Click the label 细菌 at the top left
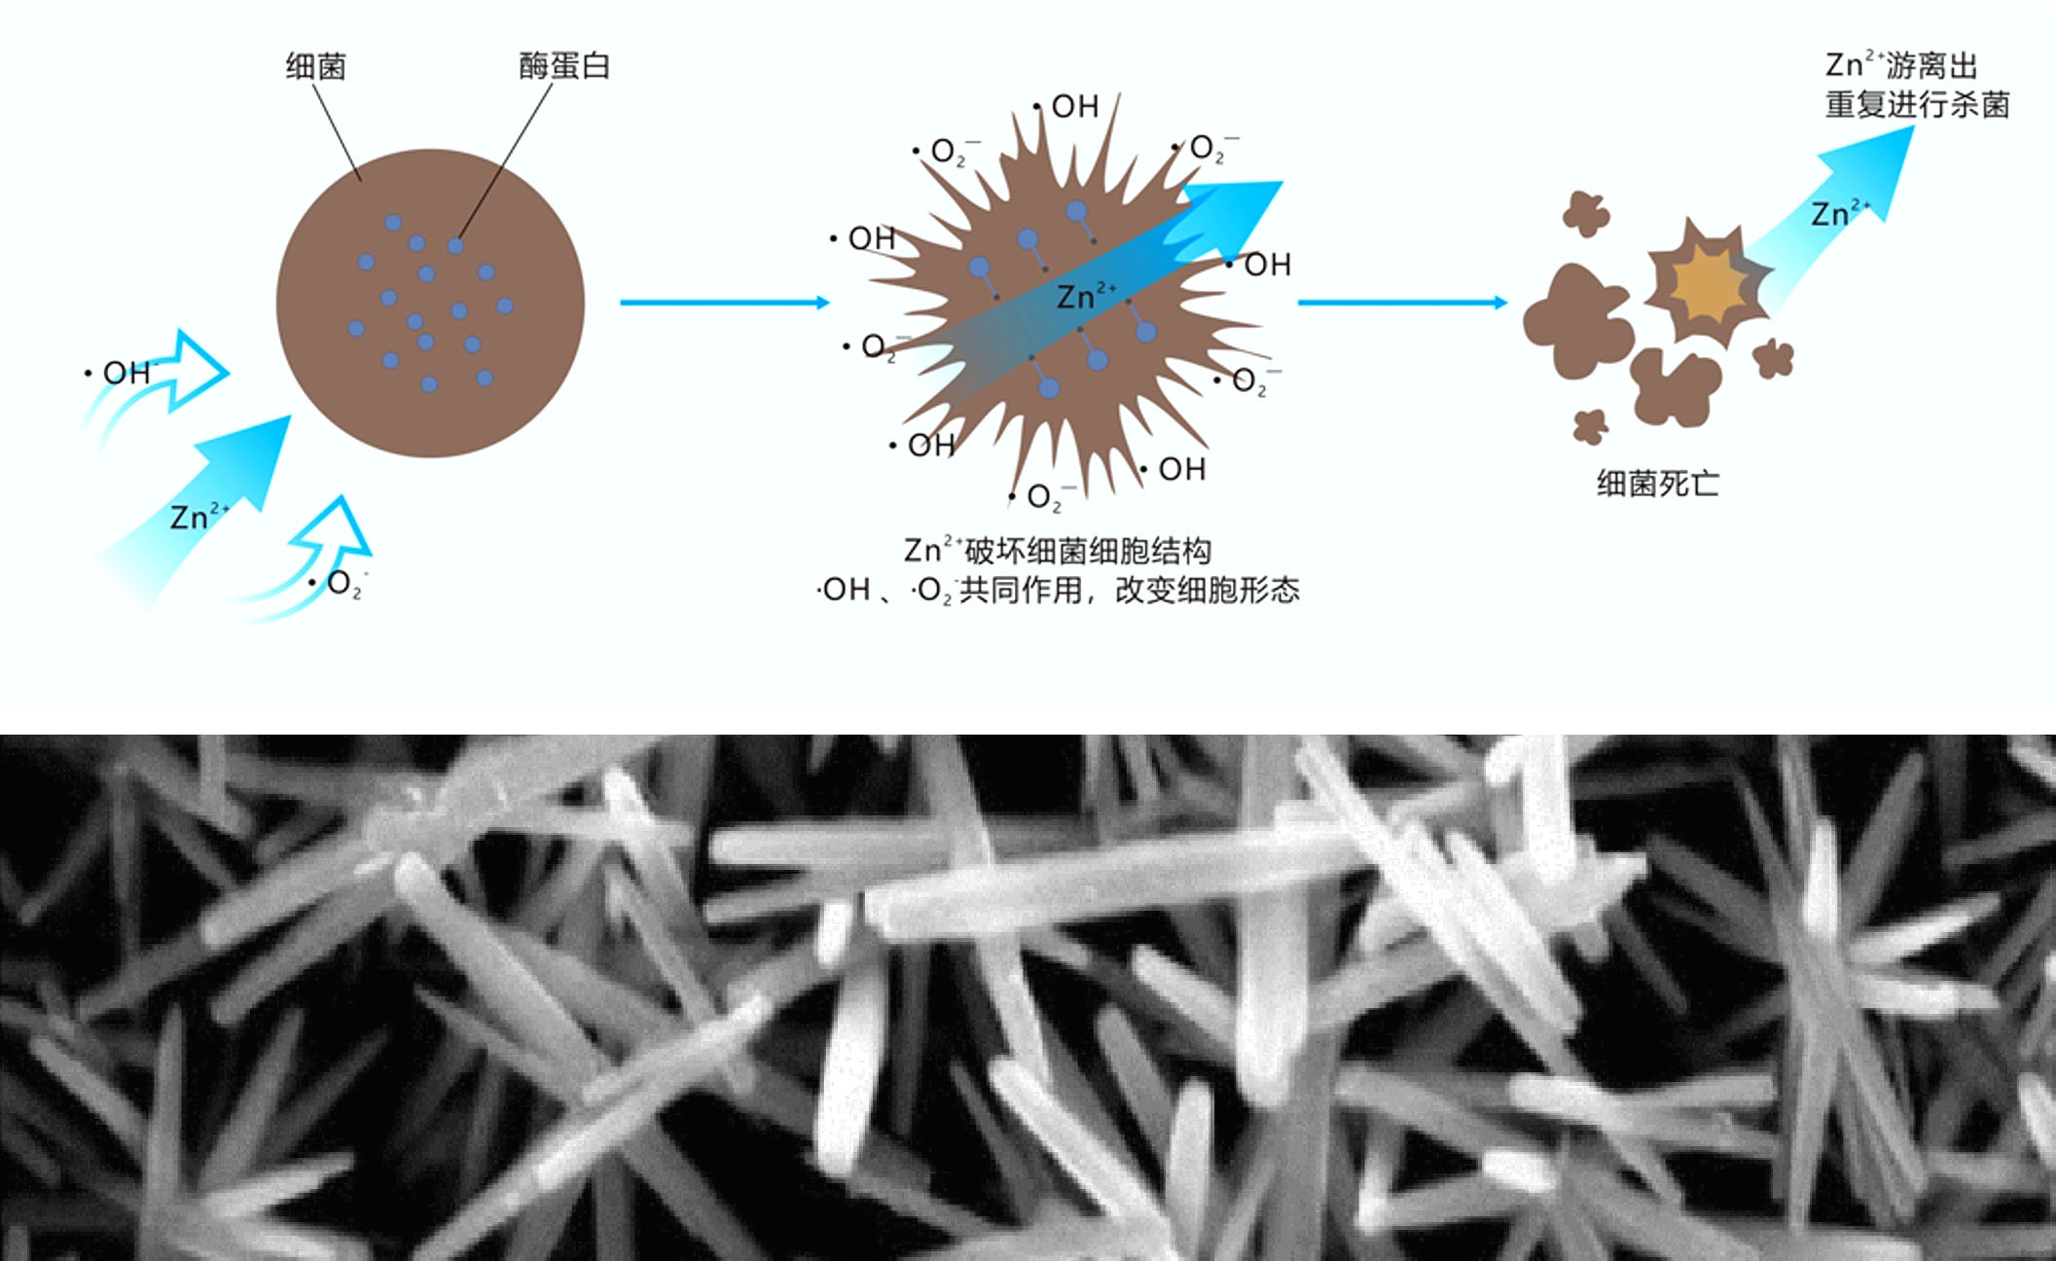point(316,66)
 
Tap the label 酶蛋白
point(564,65)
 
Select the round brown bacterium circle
point(430,303)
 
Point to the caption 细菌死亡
point(1658,484)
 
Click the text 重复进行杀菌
point(1917,104)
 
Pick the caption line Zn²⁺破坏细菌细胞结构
point(1058,551)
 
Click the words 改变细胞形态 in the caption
point(1207,590)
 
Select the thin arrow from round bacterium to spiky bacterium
point(725,303)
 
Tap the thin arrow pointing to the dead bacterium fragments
point(1402,303)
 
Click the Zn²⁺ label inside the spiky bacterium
point(1086,295)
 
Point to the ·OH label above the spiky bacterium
point(1066,106)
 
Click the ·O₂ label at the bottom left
point(337,584)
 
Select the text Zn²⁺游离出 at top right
point(1901,65)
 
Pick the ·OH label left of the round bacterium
point(121,372)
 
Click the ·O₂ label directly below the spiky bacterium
point(1042,498)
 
